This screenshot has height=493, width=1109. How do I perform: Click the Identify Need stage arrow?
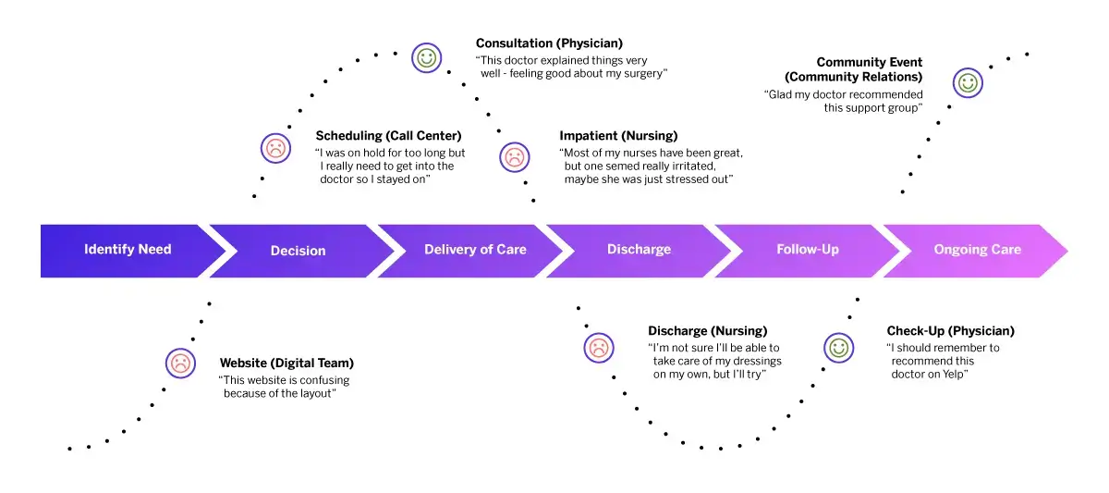(128, 250)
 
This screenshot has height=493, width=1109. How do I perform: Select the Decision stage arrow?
(298, 251)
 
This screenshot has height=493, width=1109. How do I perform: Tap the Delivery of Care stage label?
(475, 250)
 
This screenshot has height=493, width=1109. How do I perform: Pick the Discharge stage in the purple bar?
(639, 250)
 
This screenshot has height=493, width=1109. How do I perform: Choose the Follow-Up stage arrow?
(808, 250)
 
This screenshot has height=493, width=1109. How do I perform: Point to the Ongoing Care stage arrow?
(977, 250)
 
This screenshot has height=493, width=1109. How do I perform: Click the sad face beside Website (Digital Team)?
(180, 364)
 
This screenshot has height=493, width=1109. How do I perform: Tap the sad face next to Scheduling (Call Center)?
(275, 147)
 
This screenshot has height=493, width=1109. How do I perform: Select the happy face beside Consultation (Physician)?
(426, 57)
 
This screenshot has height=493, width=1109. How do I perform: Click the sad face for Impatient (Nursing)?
(515, 156)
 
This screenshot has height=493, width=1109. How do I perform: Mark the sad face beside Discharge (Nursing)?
(599, 348)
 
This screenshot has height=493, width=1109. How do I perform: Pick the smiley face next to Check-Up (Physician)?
(838, 348)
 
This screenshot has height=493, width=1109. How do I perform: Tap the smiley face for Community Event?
(968, 82)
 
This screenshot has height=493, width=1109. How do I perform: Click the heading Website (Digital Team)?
(286, 364)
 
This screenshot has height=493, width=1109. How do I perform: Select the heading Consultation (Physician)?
(549, 43)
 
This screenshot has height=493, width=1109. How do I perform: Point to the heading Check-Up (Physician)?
(950, 331)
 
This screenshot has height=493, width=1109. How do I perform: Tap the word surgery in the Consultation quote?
(640, 73)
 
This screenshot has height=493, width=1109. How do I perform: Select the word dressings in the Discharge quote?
(729, 361)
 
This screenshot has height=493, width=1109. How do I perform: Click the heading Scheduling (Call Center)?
(388, 136)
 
